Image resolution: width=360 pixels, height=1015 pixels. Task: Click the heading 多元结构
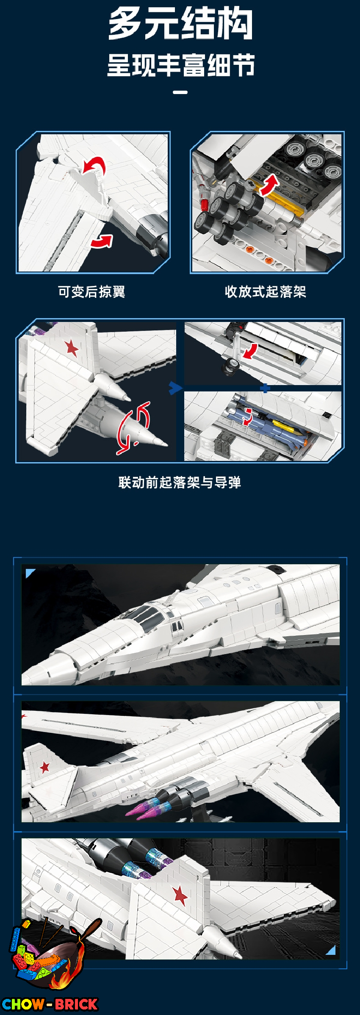coord(180,24)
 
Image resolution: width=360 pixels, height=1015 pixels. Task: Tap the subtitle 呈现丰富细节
coord(180,65)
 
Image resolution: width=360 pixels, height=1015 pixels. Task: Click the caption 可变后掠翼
coord(91,292)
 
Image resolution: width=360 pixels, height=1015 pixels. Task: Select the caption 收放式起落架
coord(266,292)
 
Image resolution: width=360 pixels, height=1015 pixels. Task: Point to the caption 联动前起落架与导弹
coord(180,483)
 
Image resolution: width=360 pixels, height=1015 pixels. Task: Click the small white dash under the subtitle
coord(180,92)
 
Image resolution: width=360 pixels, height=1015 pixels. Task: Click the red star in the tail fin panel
coord(72,349)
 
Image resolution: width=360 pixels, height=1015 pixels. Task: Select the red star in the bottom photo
coord(180,896)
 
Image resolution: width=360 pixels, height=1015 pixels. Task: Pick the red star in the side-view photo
coord(44,767)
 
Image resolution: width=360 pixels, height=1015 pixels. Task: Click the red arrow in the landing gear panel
coord(269,185)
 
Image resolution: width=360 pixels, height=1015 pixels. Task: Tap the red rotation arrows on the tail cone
coord(133,428)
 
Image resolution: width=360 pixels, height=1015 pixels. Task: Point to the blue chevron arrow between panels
coord(175,388)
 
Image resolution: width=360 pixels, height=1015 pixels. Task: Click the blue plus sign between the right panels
coord(265,388)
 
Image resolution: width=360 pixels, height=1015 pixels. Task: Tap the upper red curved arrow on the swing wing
coord(94,165)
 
